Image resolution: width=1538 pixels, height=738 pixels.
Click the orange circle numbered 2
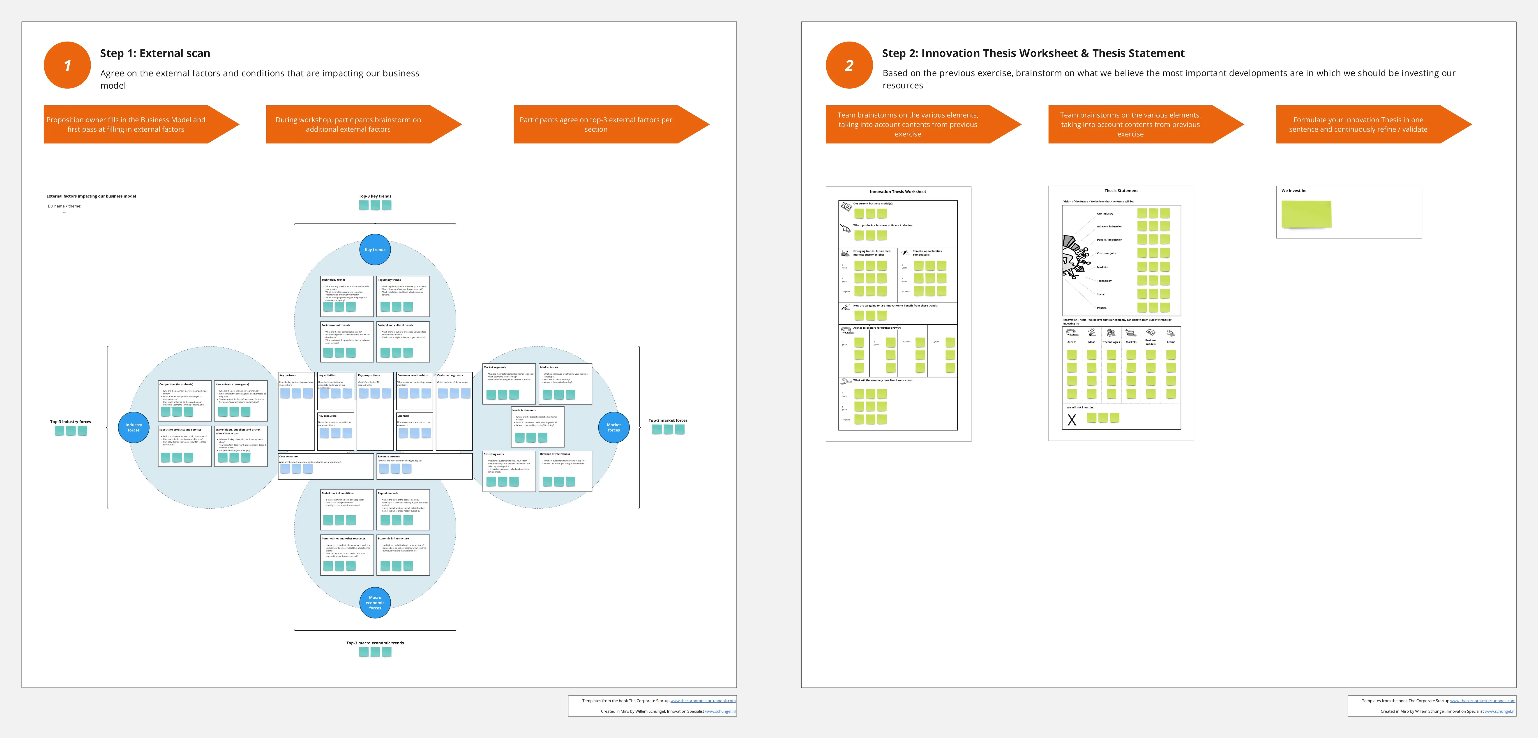point(849,65)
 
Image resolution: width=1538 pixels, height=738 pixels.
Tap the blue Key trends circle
point(375,250)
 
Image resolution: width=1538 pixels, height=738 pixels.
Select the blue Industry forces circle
point(134,427)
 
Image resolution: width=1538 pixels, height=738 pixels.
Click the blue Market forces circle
point(614,427)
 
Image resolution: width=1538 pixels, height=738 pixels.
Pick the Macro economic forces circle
point(375,602)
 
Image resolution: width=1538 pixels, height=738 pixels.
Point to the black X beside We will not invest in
point(1072,420)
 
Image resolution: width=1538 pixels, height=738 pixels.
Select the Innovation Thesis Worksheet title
point(897,192)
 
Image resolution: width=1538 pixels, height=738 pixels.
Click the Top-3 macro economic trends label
point(375,643)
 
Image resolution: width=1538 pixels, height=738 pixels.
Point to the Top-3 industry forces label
point(70,422)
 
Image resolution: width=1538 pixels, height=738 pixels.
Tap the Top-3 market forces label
point(667,420)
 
